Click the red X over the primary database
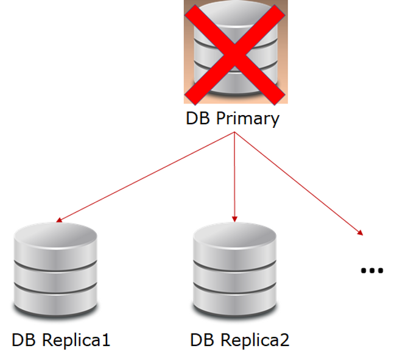point(235,53)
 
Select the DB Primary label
point(232,118)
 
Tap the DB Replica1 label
point(61,339)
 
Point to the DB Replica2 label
point(240,339)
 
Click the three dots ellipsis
point(371,270)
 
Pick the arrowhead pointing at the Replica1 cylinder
point(57,221)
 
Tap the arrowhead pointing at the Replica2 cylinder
point(234,217)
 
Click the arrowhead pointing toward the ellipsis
point(361,233)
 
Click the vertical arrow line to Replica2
point(234,177)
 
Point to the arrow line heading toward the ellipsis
point(298,183)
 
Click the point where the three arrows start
point(234,133)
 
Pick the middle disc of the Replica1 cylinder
point(55,273)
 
